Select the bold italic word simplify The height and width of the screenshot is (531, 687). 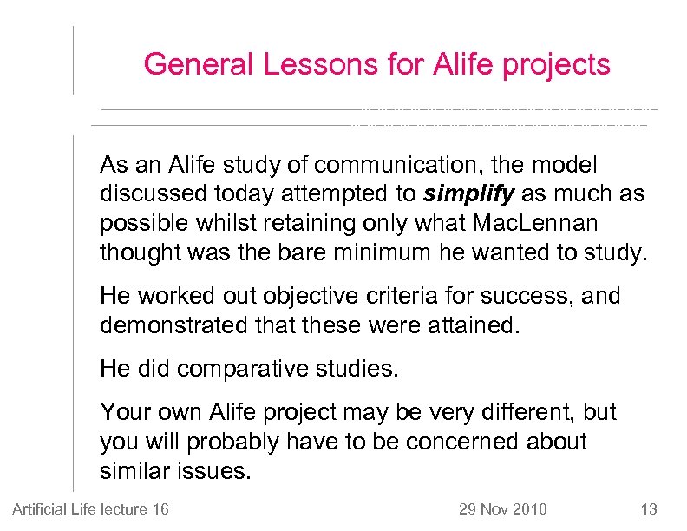[x=468, y=193]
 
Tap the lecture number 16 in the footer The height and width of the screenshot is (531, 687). [x=160, y=508]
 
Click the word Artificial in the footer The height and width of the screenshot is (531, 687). [x=39, y=508]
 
